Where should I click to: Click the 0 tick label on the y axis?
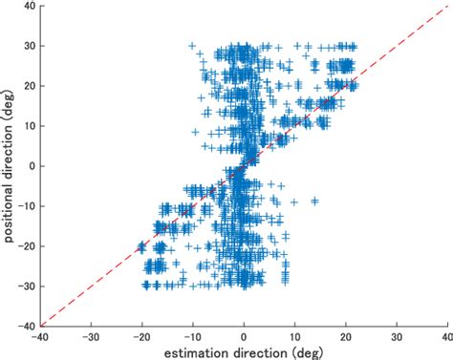[31, 165]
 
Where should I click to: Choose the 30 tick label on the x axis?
[396, 335]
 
